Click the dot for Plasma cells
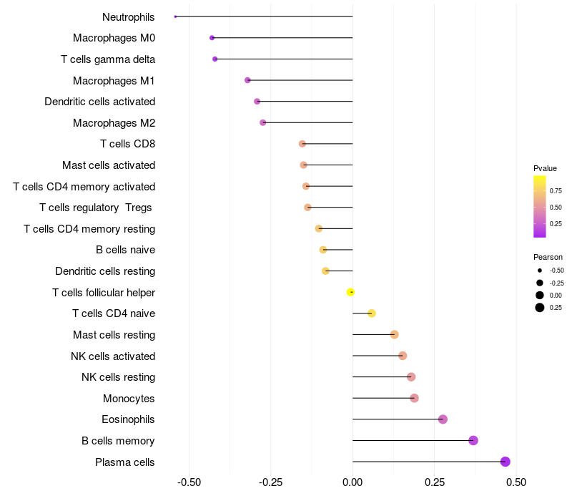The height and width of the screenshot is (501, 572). click(x=506, y=462)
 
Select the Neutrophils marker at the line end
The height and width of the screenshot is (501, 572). click(x=175, y=16)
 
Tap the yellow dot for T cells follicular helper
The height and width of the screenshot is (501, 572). click(x=351, y=292)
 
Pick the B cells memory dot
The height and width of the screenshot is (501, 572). click(x=473, y=440)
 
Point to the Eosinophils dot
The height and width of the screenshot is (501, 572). click(x=443, y=419)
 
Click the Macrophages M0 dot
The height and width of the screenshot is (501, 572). click(x=212, y=38)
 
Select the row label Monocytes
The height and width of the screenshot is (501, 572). click(x=129, y=399)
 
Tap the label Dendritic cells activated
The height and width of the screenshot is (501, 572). click(x=99, y=102)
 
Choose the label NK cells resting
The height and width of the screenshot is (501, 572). click(x=118, y=377)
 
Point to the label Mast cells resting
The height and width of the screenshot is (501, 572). click(x=114, y=335)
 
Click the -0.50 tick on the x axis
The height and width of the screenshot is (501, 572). click(x=189, y=482)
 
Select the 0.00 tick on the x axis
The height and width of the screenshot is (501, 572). click(x=352, y=482)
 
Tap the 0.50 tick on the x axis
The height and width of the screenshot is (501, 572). click(x=516, y=482)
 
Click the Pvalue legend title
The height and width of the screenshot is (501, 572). click(x=545, y=168)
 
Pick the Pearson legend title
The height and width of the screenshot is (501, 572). click(x=548, y=257)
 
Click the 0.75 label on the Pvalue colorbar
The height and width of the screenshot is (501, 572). click(x=556, y=190)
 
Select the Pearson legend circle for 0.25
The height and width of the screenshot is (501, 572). click(x=540, y=308)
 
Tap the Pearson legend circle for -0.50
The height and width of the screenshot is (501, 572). click(x=540, y=271)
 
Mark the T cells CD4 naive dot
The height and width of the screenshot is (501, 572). click(x=371, y=313)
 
